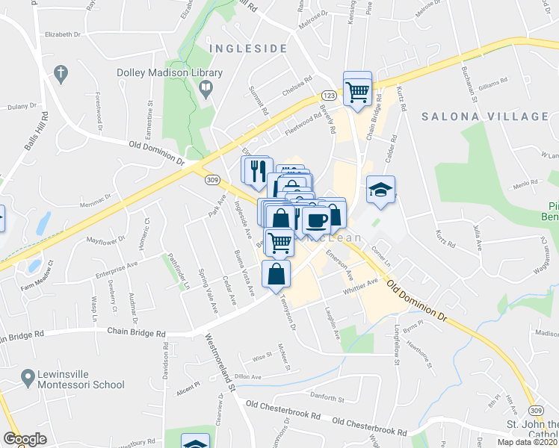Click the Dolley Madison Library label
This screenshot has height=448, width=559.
click(170, 72)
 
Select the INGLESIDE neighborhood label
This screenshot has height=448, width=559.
click(247, 49)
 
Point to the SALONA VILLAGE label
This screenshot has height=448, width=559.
click(485, 116)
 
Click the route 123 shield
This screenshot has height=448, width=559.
click(328, 96)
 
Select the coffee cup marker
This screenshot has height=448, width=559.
click(316, 220)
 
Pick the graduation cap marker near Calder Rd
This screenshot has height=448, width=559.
click(380, 190)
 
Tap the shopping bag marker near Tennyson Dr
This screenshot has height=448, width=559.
click(276, 274)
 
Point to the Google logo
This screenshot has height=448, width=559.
click(25, 439)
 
